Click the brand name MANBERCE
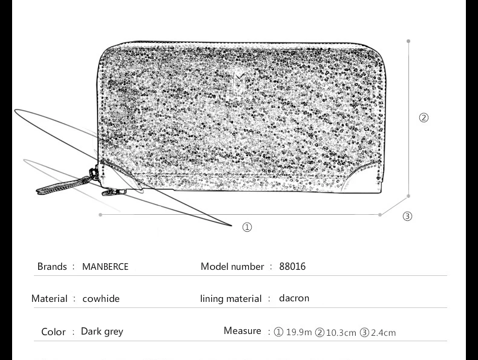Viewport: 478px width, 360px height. pyautogui.click(x=105, y=266)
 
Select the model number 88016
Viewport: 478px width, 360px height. pyautogui.click(x=292, y=266)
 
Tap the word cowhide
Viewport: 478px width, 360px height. pyautogui.click(x=101, y=298)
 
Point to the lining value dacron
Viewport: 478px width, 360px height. pyautogui.click(x=294, y=298)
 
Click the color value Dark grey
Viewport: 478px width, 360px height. pyautogui.click(x=102, y=332)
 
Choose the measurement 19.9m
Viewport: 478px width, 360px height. pyautogui.click(x=299, y=332)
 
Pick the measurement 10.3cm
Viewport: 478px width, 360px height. pyautogui.click(x=341, y=333)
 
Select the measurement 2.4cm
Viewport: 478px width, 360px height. pyautogui.click(x=383, y=333)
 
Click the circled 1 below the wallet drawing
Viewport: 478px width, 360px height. pyautogui.click(x=247, y=227)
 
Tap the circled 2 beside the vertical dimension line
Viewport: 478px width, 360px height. pyautogui.click(x=424, y=117)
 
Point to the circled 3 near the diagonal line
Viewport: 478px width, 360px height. pyautogui.click(x=407, y=216)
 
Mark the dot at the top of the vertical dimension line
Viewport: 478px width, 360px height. pyautogui.click(x=408, y=41)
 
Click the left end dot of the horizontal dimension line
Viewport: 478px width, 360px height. pyautogui.click(x=100, y=215)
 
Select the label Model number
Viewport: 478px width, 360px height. pyautogui.click(x=232, y=266)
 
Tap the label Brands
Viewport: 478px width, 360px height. pyautogui.click(x=52, y=266)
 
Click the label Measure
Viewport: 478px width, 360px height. pyautogui.click(x=243, y=331)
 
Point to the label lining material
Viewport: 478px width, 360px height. pyautogui.click(x=231, y=299)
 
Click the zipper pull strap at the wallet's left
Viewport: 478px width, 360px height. pyautogui.click(x=65, y=183)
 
